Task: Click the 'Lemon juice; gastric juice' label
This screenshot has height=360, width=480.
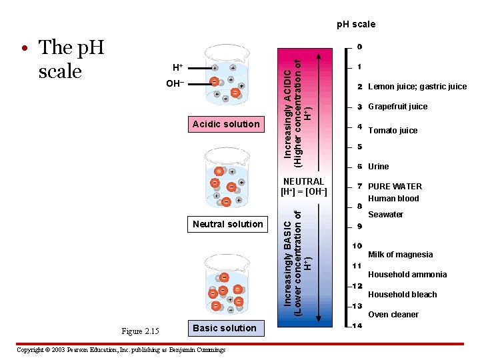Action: tap(417, 87)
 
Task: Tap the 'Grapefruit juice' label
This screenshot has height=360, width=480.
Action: tap(398, 107)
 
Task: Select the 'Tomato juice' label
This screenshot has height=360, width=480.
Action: tap(393, 131)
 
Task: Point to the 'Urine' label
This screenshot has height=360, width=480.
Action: tap(378, 167)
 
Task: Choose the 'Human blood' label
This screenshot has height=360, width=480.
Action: tap(393, 199)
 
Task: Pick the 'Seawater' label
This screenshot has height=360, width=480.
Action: tap(385, 215)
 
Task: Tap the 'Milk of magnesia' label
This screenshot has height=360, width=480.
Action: tap(400, 255)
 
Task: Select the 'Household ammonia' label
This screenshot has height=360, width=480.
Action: tap(407, 275)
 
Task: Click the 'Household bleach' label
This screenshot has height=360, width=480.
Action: tap(403, 295)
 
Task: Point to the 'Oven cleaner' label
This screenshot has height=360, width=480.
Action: tap(393, 315)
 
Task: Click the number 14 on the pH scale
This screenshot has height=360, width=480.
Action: tap(357, 326)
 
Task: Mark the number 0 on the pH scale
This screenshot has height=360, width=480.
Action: tap(359, 47)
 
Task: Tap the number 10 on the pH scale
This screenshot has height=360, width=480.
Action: tap(357, 246)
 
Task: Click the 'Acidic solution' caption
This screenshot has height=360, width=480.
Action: tap(225, 124)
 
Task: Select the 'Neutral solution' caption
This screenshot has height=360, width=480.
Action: tap(227, 224)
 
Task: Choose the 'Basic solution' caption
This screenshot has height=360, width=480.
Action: tap(224, 328)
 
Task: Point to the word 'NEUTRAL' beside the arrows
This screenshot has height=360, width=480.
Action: tap(303, 181)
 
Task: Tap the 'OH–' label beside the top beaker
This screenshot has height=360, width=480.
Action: tap(175, 83)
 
